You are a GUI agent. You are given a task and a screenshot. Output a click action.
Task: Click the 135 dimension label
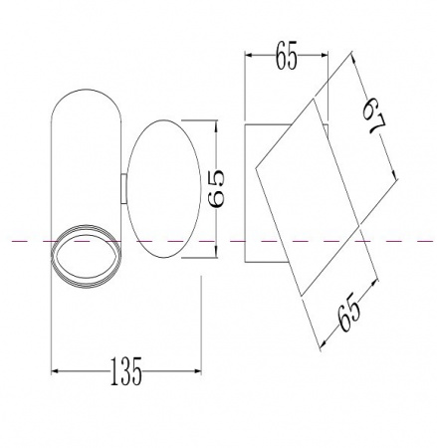125,371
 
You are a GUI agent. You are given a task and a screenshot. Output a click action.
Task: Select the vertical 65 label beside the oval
216,188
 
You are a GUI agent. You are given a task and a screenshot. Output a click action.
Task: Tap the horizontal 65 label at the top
286,56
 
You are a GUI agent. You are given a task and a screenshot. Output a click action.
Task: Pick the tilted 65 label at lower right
348,312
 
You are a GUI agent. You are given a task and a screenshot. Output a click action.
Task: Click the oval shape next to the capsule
127,189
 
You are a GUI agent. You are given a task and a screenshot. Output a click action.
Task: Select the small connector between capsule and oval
123,188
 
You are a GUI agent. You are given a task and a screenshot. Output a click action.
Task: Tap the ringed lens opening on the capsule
86,256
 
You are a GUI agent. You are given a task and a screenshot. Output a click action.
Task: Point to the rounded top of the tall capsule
86,89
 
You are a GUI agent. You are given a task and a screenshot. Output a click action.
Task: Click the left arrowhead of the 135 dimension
55,371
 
